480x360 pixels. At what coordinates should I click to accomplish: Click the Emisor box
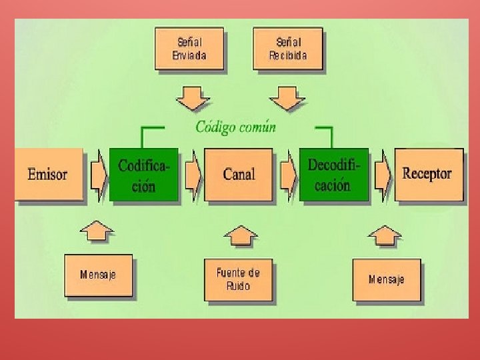pyautogui.click(x=48, y=175)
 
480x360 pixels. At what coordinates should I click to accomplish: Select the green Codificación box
pyautogui.click(x=144, y=175)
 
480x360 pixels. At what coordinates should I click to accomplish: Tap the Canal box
pyautogui.click(x=239, y=175)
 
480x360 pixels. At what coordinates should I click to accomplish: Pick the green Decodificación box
pyautogui.click(x=333, y=175)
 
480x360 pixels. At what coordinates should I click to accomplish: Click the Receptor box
pyautogui.click(x=428, y=175)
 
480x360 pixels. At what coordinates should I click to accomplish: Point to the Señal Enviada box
pyautogui.click(x=189, y=48)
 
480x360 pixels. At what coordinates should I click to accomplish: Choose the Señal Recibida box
pyautogui.click(x=288, y=48)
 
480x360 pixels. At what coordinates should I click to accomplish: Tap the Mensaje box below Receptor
pyautogui.click(x=387, y=279)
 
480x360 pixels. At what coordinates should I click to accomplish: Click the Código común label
pyautogui.click(x=235, y=127)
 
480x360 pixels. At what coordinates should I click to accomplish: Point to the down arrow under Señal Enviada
pyautogui.click(x=193, y=97)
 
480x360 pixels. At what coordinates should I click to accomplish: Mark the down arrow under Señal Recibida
pyautogui.click(x=287, y=97)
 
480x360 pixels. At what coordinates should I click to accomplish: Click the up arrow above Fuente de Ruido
pyautogui.click(x=240, y=237)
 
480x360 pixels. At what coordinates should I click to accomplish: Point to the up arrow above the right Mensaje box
pyautogui.click(x=385, y=236)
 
